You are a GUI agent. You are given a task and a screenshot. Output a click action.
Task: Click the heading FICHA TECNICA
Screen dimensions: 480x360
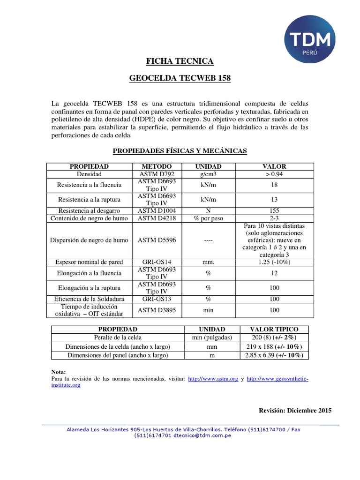tap(180, 61)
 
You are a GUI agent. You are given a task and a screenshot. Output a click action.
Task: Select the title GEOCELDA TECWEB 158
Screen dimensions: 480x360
tap(180, 78)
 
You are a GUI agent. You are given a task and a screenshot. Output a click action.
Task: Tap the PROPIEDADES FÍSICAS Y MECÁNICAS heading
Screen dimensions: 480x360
tap(180, 150)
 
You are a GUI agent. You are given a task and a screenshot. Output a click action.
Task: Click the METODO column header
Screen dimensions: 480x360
tap(157, 166)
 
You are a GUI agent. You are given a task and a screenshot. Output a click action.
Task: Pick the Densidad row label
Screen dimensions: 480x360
tap(89, 174)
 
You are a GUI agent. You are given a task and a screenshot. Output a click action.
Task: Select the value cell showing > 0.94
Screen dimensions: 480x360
tap(274, 174)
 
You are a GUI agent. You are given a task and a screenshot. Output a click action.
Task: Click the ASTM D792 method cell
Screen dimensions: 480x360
tap(157, 174)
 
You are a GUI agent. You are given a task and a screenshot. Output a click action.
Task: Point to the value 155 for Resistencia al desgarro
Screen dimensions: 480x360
tap(274, 211)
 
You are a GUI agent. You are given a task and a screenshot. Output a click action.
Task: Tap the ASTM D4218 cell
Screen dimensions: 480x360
tap(157, 218)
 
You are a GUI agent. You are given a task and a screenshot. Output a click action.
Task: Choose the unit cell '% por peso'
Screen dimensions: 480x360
tap(208, 218)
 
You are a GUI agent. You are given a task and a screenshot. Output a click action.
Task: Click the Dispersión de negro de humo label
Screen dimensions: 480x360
tap(89, 240)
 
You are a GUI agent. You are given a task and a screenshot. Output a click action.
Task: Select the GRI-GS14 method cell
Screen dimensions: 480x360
tap(157, 262)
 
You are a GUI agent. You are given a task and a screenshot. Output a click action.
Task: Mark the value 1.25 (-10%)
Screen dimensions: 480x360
tap(274, 262)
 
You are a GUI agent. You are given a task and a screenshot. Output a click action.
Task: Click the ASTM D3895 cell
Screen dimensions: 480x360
tap(157, 310)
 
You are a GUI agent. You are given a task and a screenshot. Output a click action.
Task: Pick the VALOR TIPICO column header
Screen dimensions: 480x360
tap(274, 330)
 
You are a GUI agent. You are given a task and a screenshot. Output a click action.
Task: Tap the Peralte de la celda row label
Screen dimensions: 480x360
tap(118, 337)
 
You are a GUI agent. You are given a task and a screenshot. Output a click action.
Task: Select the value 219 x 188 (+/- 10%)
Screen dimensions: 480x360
tap(274, 346)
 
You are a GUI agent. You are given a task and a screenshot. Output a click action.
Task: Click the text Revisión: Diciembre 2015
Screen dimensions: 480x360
tap(295, 410)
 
